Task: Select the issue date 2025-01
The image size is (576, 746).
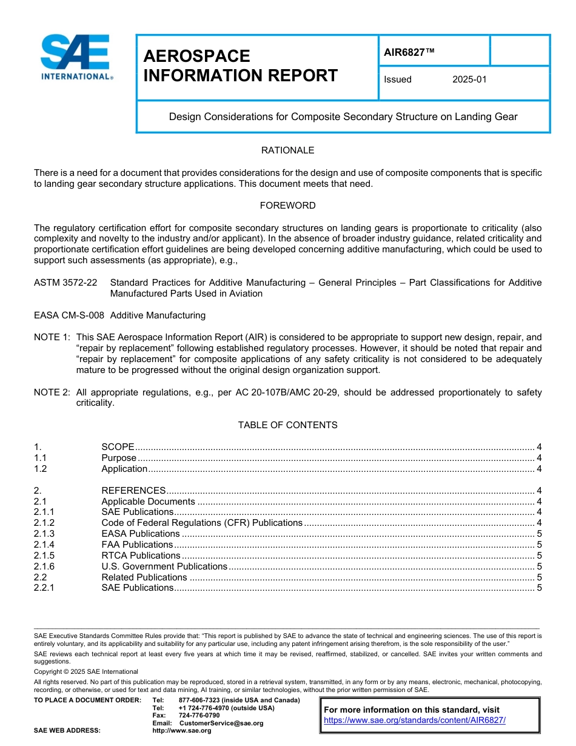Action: click(x=469, y=79)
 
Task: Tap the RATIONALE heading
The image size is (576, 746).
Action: click(x=287, y=150)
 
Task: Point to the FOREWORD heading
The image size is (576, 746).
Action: click(x=287, y=206)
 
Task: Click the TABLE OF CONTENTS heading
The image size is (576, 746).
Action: click(x=287, y=425)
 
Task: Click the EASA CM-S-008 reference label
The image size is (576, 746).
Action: click(x=69, y=315)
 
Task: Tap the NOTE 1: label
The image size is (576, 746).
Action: click(x=52, y=337)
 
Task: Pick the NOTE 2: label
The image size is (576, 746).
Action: click(x=52, y=392)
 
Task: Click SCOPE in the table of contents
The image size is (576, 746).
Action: click(x=118, y=447)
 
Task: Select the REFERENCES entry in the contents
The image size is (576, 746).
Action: click(x=133, y=491)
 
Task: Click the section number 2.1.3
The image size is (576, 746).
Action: click(x=44, y=534)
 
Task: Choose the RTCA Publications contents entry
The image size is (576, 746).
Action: click(x=141, y=556)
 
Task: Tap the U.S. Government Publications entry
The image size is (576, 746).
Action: click(x=164, y=566)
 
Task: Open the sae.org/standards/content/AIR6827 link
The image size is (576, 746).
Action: click(x=415, y=721)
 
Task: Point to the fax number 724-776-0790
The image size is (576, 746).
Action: click(x=199, y=716)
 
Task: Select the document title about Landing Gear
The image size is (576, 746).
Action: click(x=343, y=116)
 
